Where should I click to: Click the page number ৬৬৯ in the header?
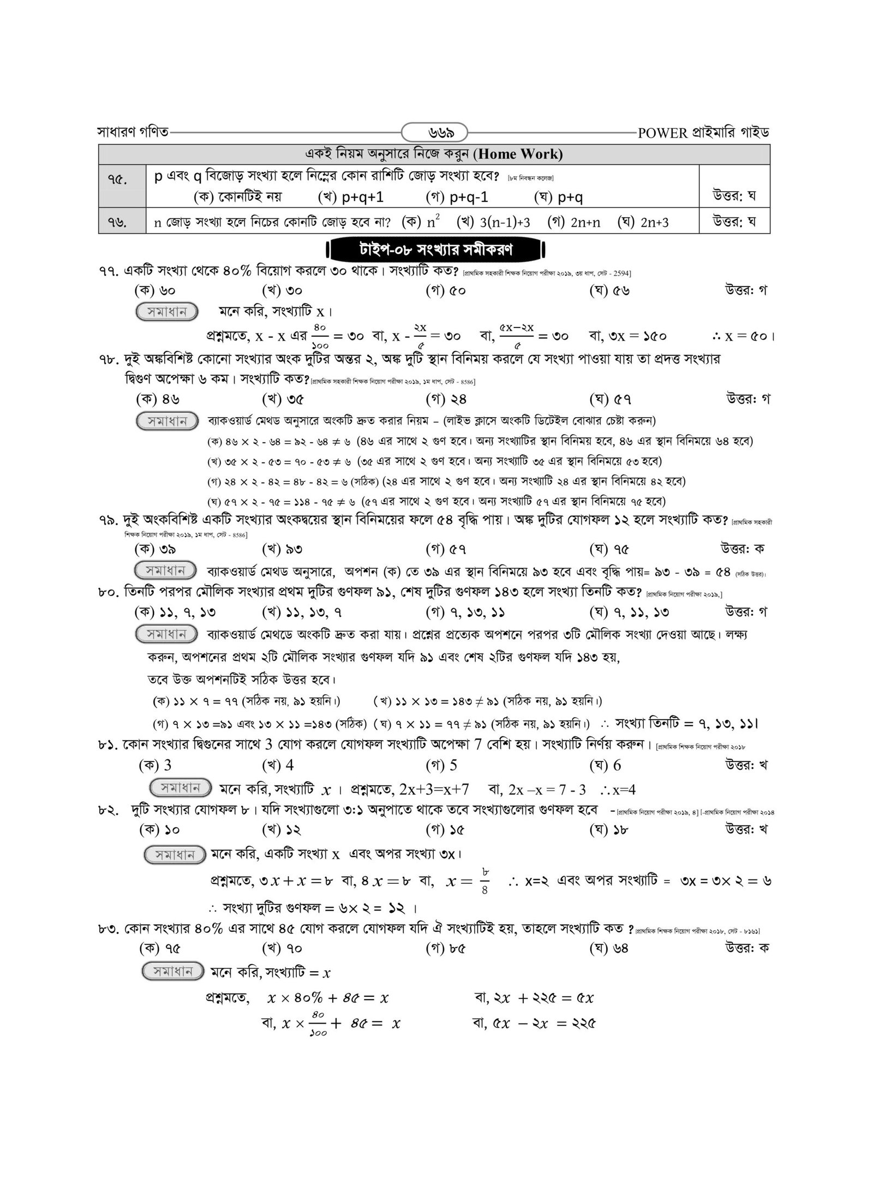(434, 133)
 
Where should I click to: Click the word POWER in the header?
(662, 133)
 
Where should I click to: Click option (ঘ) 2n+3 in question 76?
(643, 222)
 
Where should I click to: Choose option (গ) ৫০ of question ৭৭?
(445, 290)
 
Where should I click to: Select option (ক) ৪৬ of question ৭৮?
(157, 399)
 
